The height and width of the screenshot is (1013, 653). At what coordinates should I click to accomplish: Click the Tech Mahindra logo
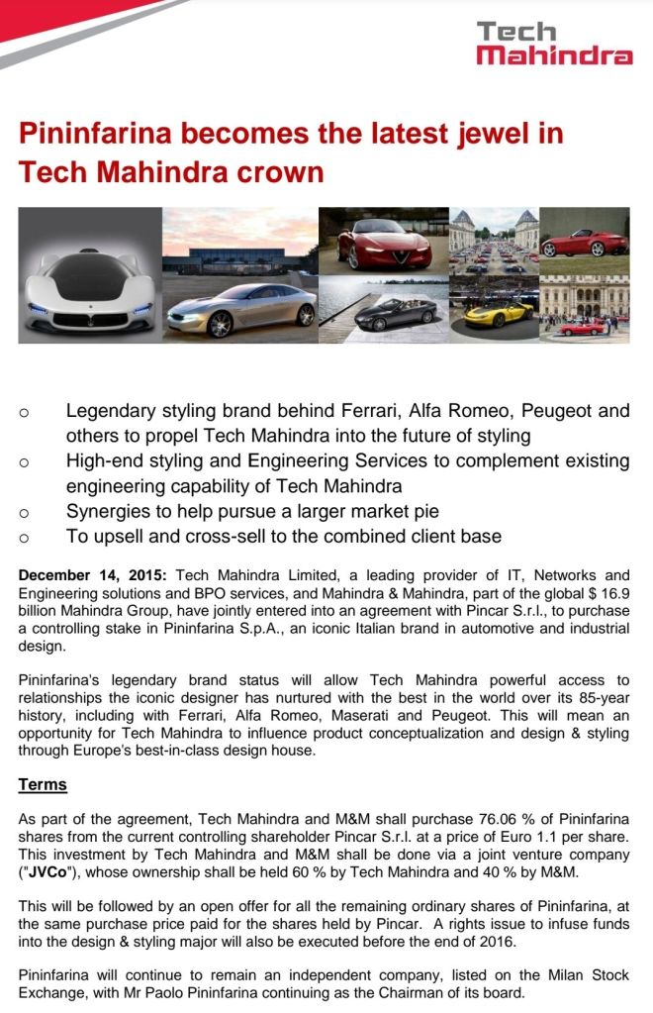point(554,44)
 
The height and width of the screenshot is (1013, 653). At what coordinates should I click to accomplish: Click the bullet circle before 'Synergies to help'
point(24,513)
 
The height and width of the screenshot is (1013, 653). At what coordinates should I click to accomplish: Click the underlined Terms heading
point(43,784)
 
